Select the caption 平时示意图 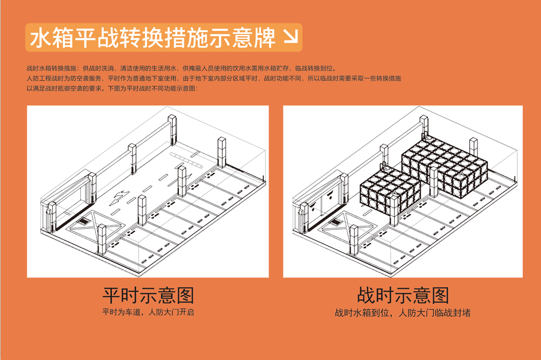pos(148,295)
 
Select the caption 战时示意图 pos(403,295)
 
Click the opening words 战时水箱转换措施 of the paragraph pos(51,68)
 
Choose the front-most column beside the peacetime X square pos(102,241)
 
